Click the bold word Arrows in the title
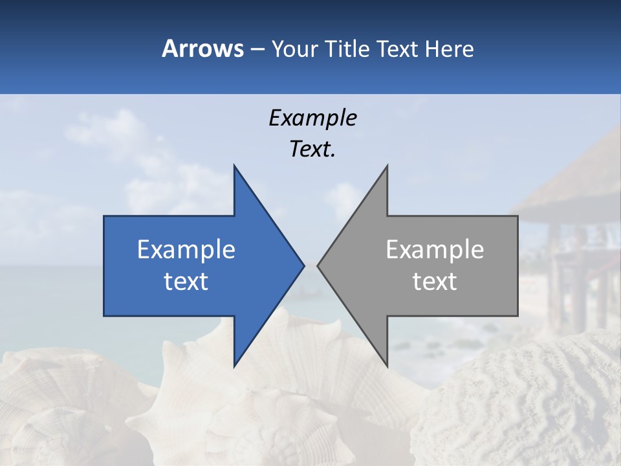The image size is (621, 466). (202, 49)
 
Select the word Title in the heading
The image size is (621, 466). (347, 49)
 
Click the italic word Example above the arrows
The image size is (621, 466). (312, 118)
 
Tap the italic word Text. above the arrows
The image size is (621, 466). (312, 149)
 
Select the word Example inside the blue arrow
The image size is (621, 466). (186, 249)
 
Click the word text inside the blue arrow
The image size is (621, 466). (186, 281)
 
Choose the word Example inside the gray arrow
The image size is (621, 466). (435, 249)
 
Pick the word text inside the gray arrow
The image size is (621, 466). (435, 281)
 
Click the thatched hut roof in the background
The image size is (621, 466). (576, 188)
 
